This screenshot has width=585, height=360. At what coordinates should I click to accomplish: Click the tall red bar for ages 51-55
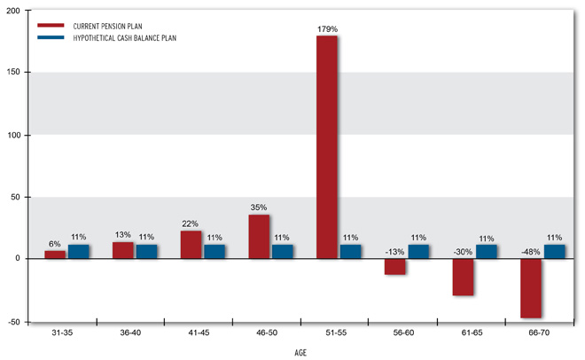pos(327,146)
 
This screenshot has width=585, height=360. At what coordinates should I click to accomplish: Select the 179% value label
pos(327,29)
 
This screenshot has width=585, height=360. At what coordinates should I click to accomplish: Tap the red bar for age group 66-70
pos(531,287)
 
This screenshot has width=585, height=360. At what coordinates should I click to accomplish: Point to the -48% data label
pos(530,251)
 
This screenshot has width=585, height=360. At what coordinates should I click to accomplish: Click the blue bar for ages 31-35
pos(79,252)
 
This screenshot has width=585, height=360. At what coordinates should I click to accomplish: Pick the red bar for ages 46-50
pos(259,237)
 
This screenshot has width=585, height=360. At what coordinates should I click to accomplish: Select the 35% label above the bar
pos(259,207)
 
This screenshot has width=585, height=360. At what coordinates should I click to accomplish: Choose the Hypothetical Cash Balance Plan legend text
pos(118,38)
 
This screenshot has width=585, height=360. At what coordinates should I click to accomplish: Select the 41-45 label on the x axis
pos(199,333)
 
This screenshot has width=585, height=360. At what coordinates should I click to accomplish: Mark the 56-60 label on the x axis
pos(403,333)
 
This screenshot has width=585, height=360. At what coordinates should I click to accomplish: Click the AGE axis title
pos(301,352)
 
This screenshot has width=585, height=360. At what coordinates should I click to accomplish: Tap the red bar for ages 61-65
pos(463,277)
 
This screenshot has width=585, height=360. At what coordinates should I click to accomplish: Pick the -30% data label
pos(463,251)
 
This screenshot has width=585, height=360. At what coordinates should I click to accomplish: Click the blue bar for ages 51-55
pos(350,252)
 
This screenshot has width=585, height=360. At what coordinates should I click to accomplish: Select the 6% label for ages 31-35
pos(55,244)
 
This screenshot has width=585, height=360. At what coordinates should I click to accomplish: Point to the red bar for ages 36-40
pos(123,250)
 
